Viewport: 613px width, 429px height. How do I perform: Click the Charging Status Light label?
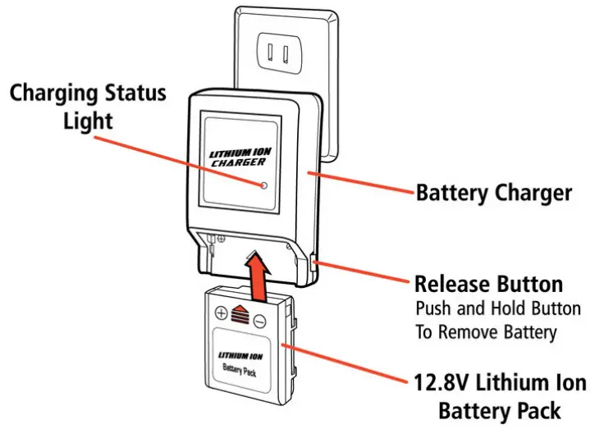(87, 105)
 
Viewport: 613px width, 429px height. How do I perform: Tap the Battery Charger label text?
(493, 193)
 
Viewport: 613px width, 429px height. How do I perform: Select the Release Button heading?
(488, 285)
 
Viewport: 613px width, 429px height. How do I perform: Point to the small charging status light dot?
(263, 185)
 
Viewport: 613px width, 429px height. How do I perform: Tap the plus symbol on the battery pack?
(221, 313)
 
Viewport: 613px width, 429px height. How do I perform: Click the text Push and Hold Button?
(497, 310)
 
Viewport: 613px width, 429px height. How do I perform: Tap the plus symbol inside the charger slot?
(221, 239)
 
